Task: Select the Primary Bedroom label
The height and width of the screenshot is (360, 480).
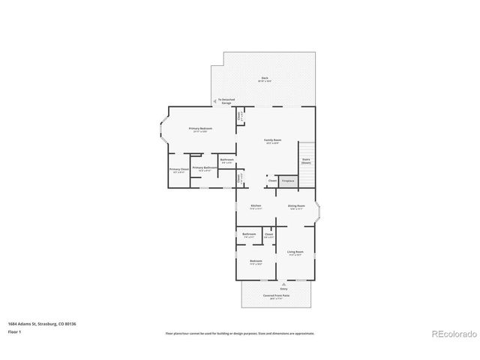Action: click(200, 129)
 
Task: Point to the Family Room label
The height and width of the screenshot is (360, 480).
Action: click(272, 140)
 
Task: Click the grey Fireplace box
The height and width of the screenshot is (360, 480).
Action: click(288, 181)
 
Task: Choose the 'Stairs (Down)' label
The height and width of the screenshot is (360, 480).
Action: click(306, 160)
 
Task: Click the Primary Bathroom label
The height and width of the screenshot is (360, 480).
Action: click(205, 168)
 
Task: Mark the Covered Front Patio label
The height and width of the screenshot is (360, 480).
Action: click(276, 295)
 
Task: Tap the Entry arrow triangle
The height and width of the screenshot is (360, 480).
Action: click(283, 284)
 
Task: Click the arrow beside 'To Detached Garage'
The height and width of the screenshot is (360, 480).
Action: click(215, 100)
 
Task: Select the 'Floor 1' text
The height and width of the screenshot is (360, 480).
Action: click(14, 331)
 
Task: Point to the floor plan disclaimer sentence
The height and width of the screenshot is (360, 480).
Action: click(239, 333)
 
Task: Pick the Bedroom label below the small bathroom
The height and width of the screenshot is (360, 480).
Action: click(256, 260)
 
